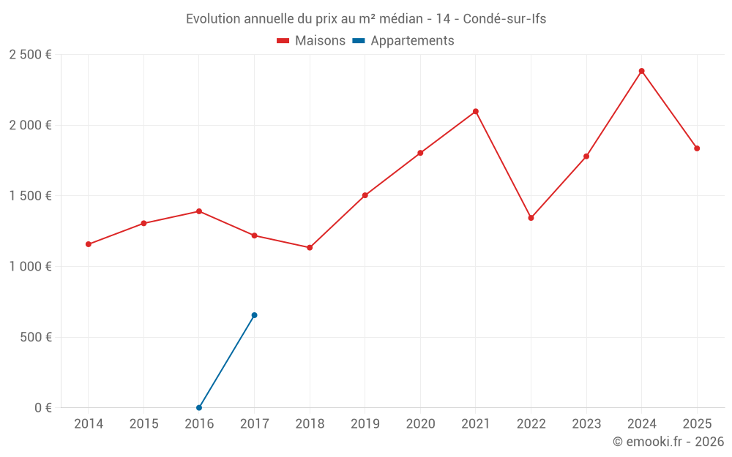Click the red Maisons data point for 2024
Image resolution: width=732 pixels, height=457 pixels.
pyautogui.click(x=641, y=71)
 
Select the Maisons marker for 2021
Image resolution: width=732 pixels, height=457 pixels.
pyautogui.click(x=475, y=112)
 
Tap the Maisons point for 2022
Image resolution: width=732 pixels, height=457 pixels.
pyautogui.click(x=531, y=218)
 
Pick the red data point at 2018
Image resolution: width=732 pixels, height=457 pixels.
pyautogui.click(x=310, y=248)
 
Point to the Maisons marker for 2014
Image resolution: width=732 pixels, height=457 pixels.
pyautogui.click(x=88, y=244)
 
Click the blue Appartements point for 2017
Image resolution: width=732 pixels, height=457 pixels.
pyautogui.click(x=254, y=315)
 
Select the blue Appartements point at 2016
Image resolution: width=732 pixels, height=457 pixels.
pyautogui.click(x=199, y=407)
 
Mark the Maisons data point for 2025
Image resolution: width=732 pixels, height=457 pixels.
pyautogui.click(x=697, y=148)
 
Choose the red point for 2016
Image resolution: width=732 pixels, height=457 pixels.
pyautogui.click(x=199, y=211)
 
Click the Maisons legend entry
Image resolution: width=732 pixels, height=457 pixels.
pyautogui.click(x=311, y=41)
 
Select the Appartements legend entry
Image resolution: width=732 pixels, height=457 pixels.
pyautogui.click(x=403, y=41)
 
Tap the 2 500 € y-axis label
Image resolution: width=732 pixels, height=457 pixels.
pyautogui.click(x=30, y=55)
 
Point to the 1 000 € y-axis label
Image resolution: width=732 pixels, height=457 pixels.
pyautogui.click(x=30, y=267)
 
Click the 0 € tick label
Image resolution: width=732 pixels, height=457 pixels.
pyautogui.click(x=43, y=408)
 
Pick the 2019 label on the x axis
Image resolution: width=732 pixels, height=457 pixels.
pyautogui.click(x=365, y=424)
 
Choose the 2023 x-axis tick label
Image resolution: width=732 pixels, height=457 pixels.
pyautogui.click(x=586, y=424)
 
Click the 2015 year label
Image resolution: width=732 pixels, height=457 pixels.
pyautogui.click(x=143, y=424)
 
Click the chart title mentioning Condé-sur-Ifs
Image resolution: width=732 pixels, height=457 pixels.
pyautogui.click(x=366, y=19)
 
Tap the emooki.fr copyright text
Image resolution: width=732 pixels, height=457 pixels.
pyautogui.click(x=668, y=442)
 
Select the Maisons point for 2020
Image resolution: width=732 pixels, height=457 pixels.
pyautogui.click(x=420, y=153)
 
